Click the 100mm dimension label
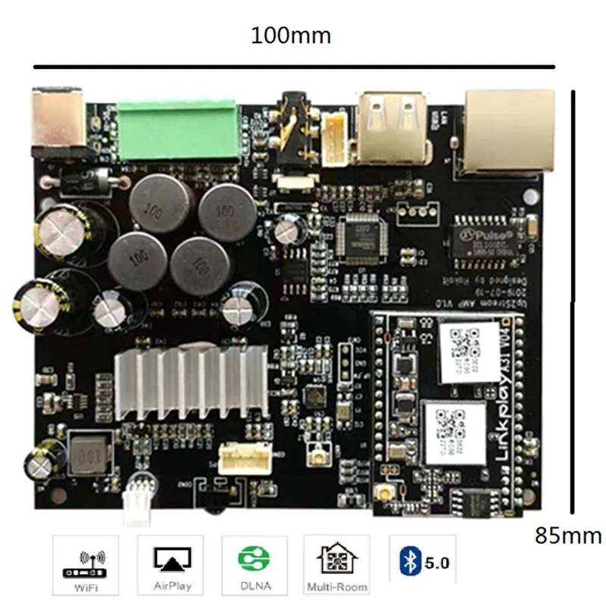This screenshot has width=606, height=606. (292, 35)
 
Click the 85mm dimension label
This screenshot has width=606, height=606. (568, 536)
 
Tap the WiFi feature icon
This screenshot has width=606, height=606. (85, 564)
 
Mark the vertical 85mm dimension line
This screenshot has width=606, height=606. (573, 303)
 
